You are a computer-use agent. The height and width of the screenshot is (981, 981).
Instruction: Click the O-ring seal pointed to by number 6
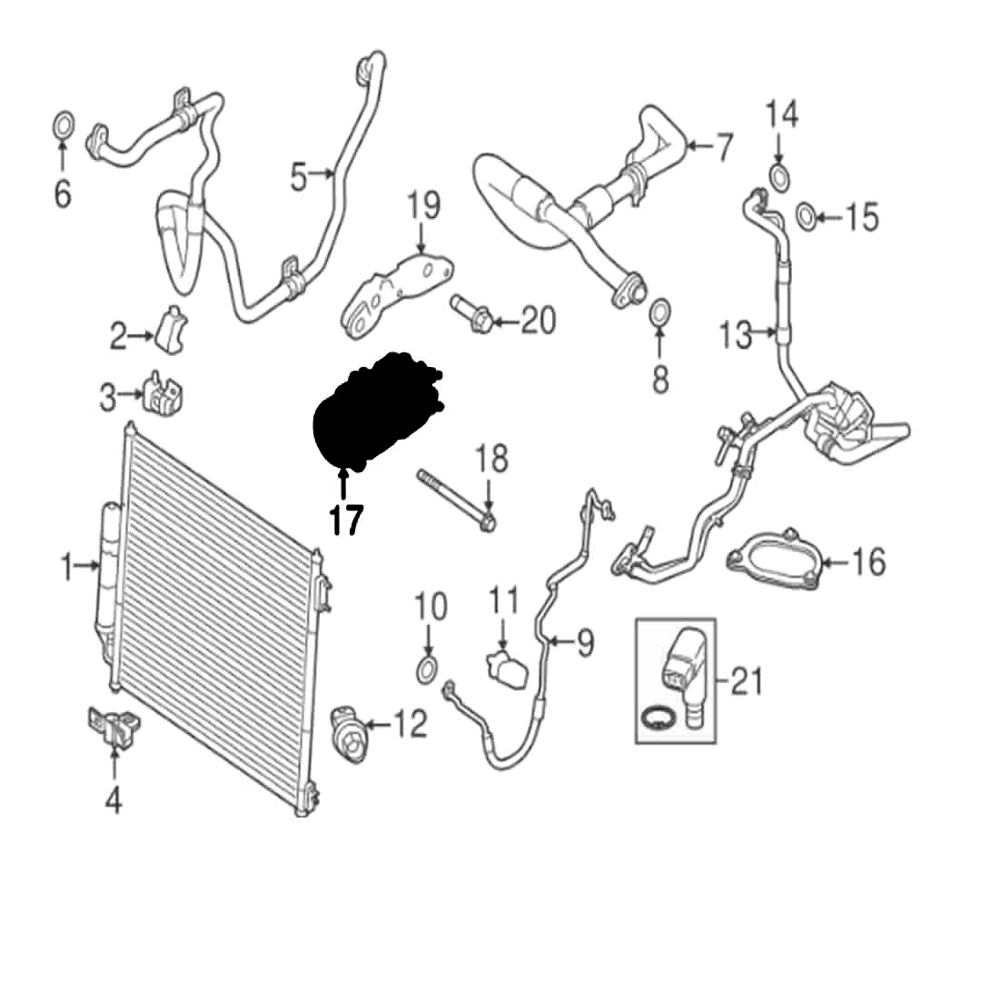(x=63, y=124)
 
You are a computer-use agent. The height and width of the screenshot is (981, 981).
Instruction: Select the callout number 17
(x=346, y=520)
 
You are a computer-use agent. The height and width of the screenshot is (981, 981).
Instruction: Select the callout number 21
(x=747, y=681)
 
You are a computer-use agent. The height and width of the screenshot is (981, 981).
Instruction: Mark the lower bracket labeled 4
(x=112, y=728)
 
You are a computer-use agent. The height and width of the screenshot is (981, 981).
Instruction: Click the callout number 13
(x=736, y=336)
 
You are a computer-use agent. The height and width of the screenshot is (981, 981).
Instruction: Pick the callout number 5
(x=299, y=177)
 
